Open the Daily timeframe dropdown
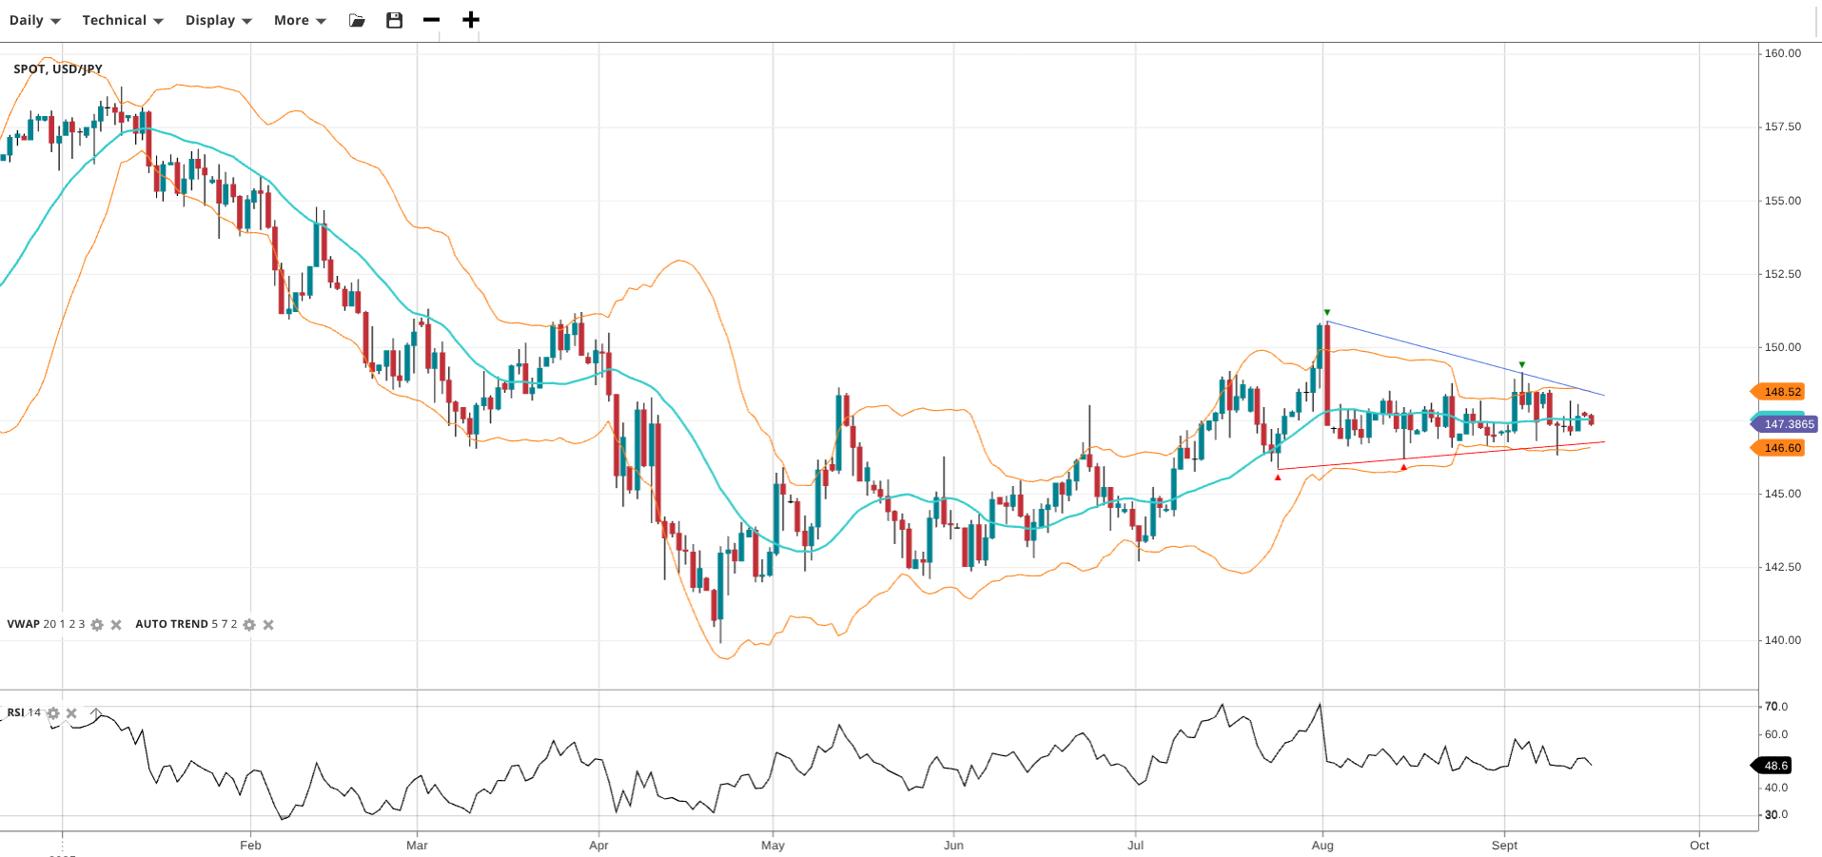tap(34, 20)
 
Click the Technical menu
tap(122, 20)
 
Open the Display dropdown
tap(218, 20)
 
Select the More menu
tap(299, 20)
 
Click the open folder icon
tap(357, 20)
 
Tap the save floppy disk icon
tap(394, 20)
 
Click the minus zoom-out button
tap(431, 20)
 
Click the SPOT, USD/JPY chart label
tap(58, 68)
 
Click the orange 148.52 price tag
tap(1780, 392)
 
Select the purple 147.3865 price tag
tap(1787, 424)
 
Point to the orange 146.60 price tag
tap(1780, 448)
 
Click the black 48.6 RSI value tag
tap(1774, 766)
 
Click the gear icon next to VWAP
tap(97, 625)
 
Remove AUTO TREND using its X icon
tap(268, 625)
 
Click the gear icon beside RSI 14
tap(53, 713)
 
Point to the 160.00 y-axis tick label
tap(1782, 53)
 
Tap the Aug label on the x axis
tap(1322, 845)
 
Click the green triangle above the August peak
tap(1327, 312)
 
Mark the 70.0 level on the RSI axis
tap(1775, 707)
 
